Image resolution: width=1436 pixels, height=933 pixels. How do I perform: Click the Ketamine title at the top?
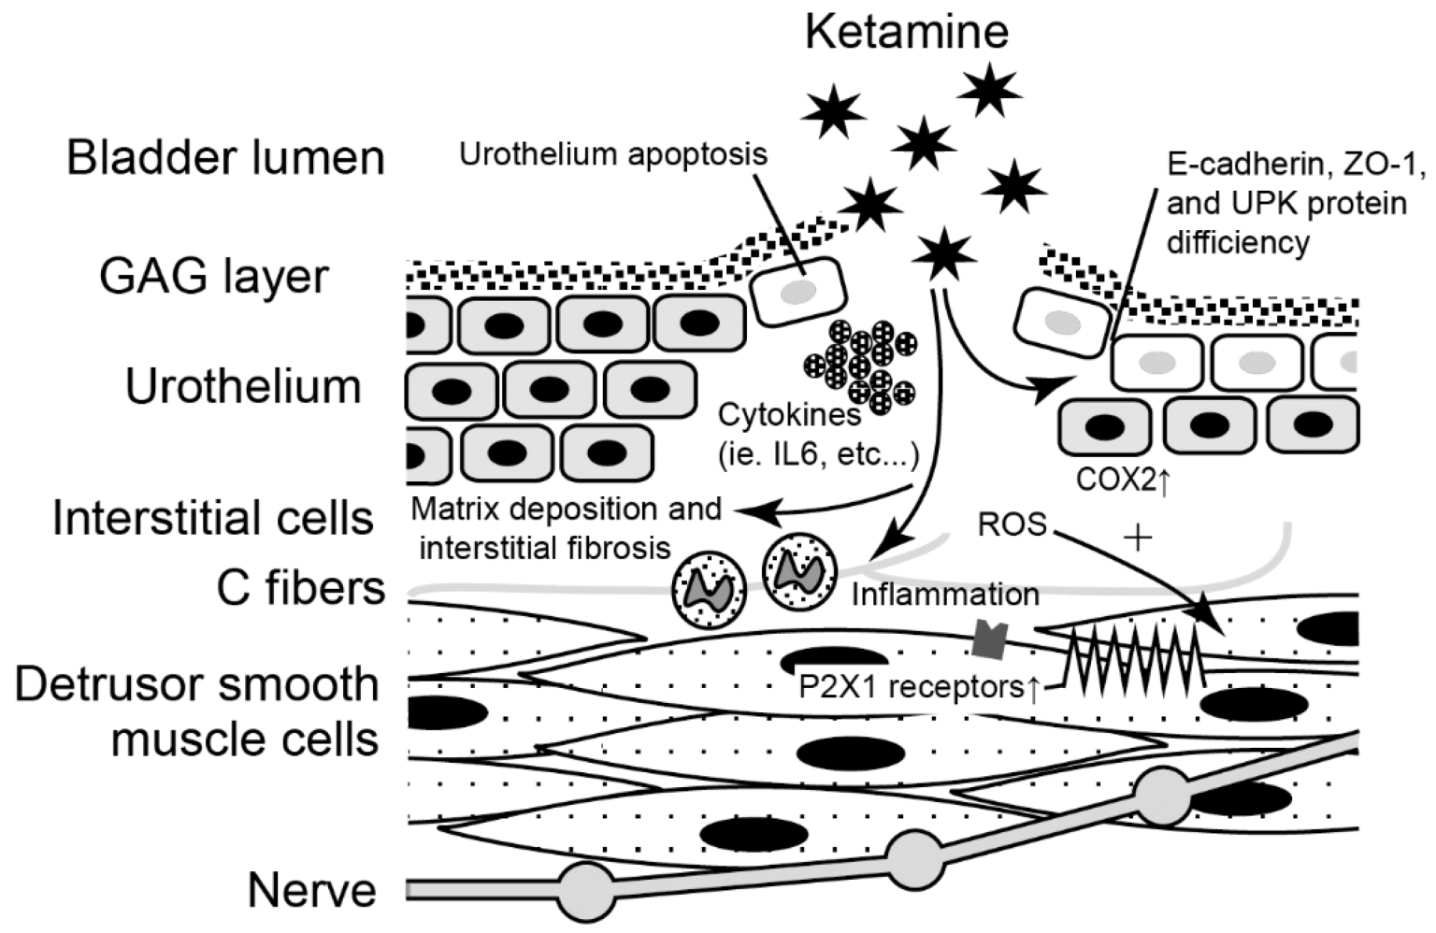[906, 32]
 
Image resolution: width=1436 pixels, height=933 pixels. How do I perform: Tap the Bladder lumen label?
[225, 158]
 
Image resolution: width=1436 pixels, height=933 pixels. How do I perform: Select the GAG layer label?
[214, 277]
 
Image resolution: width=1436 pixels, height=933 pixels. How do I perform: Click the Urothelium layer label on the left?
[243, 386]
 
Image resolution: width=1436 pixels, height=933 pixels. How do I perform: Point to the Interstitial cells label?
[213, 517]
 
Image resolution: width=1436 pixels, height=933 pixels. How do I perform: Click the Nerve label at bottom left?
[311, 890]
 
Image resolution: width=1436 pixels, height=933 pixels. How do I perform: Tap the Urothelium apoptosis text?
[612, 154]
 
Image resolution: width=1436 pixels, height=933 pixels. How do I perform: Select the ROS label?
[1012, 524]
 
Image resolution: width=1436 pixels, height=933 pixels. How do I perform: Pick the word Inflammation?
[944, 594]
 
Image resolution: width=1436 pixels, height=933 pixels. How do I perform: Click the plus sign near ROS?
[1138, 538]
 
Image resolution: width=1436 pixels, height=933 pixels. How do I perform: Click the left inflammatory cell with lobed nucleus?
[707, 590]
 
